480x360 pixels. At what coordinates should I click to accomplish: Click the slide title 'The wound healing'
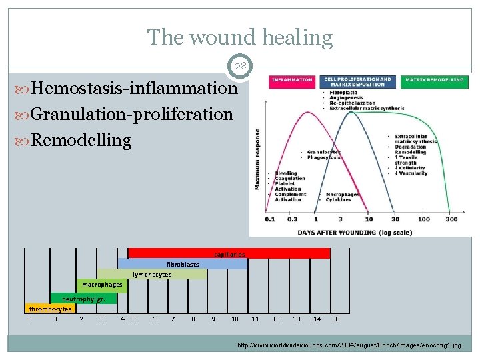pos(239,37)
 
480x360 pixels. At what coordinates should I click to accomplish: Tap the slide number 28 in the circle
pos(239,67)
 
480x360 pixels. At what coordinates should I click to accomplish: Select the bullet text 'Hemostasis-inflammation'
pos(133,89)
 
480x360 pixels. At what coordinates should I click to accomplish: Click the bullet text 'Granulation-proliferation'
pos(131,114)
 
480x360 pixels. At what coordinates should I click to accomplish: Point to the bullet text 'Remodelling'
pos(81,140)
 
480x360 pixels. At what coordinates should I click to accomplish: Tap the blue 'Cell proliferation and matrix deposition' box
pos(358,82)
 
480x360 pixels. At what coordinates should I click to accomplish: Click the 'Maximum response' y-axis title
pos(257,159)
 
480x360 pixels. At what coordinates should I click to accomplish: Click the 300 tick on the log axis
pos(451,219)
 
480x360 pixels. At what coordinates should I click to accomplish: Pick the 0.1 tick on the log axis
pos(269,219)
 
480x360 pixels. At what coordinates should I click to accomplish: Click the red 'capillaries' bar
pos(229,253)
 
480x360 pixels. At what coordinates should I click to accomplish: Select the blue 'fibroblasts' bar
pos(183,264)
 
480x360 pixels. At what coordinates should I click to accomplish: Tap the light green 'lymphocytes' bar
pos(152,274)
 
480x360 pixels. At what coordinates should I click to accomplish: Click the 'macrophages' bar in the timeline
pos(102,285)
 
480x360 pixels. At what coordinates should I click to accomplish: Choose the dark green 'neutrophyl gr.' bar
pos(84,299)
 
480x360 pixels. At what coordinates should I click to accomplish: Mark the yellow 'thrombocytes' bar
pos(50,309)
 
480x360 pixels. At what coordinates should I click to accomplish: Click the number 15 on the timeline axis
pos(337,319)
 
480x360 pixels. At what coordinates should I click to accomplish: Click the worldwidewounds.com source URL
pos(349,345)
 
